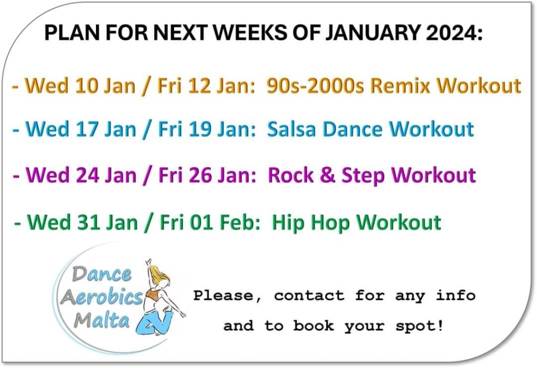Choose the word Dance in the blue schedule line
352,129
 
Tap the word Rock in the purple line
291,175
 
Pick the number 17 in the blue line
87,129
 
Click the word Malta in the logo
102,320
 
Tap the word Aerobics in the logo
101,297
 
